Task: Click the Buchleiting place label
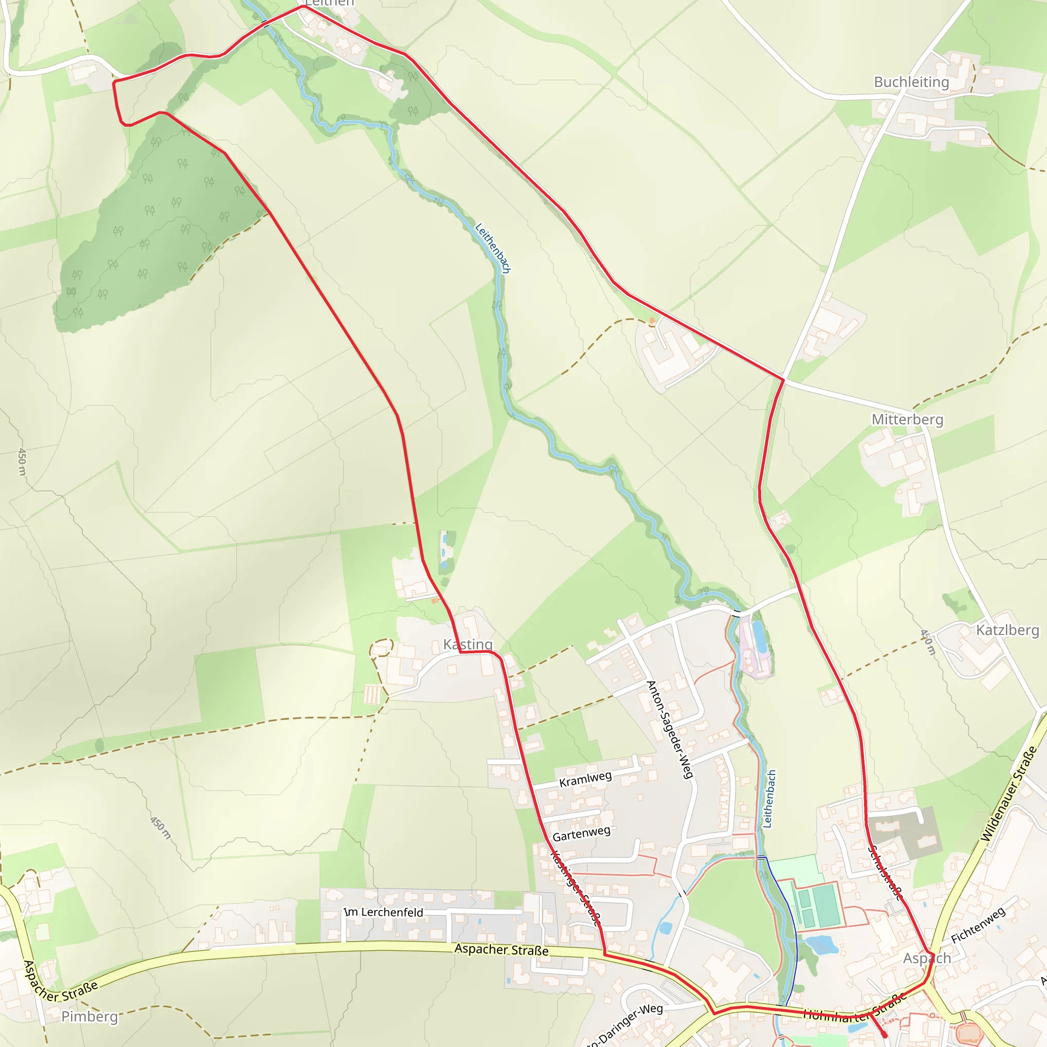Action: [912, 82]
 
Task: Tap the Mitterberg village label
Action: [907, 419]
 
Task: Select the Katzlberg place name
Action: [1008, 630]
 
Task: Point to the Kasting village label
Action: [468, 644]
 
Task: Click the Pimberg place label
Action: [89, 1016]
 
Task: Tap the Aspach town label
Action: [927, 958]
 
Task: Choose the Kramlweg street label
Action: [585, 779]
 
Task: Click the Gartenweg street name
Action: [581, 833]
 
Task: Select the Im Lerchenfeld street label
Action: [384, 912]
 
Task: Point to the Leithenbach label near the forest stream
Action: [493, 247]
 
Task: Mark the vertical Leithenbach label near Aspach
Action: [769, 799]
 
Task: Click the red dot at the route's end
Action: [884, 1035]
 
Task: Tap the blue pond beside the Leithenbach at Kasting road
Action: [760, 638]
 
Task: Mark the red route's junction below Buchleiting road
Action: [784, 379]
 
